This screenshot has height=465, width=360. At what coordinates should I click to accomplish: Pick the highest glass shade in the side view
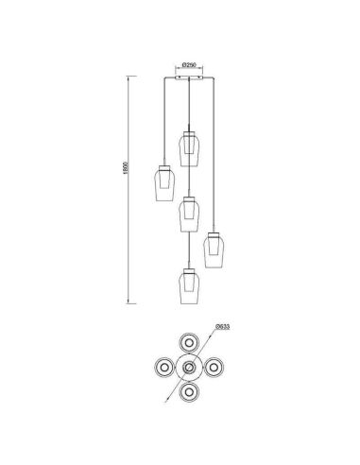(x=190, y=145)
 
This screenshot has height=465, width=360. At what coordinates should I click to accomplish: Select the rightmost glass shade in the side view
(x=216, y=250)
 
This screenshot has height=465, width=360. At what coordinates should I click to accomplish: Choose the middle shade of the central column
(x=190, y=214)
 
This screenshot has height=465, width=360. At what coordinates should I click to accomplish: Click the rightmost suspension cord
(x=216, y=151)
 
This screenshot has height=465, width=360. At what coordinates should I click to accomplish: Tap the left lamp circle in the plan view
(x=164, y=366)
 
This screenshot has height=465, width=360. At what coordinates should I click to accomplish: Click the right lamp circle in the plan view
(x=216, y=366)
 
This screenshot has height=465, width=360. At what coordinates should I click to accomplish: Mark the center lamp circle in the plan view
(x=191, y=366)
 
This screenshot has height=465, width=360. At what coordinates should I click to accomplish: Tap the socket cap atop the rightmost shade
(x=216, y=230)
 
